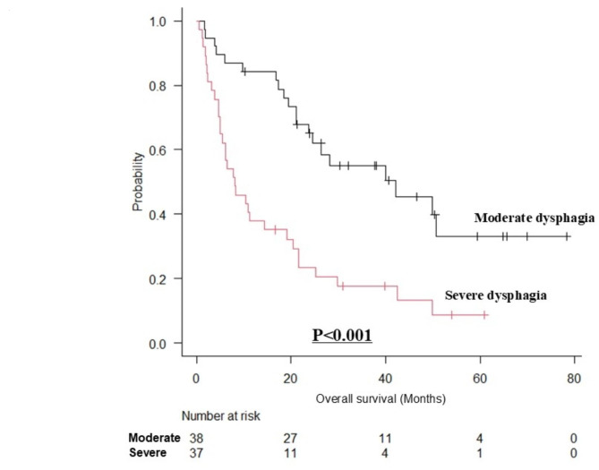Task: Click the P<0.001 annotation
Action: click(x=342, y=336)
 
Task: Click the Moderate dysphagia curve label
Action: click(x=535, y=218)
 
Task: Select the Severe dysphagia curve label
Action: click(x=495, y=295)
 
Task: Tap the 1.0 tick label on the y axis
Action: click(x=157, y=21)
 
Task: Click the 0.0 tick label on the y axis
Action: click(x=157, y=344)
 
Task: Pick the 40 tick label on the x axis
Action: click(x=385, y=379)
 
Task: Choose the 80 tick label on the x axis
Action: click(x=574, y=379)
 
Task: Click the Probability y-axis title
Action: click(x=138, y=182)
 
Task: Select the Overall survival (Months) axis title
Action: click(x=381, y=399)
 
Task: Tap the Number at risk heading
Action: click(x=221, y=415)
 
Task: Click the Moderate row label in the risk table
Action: click(x=154, y=438)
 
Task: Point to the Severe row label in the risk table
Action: click(x=148, y=453)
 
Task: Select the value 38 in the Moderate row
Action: click(x=196, y=438)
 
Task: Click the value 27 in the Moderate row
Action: click(x=290, y=438)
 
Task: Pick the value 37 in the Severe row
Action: click(x=196, y=453)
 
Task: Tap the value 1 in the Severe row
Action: click(x=479, y=453)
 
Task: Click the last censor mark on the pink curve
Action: click(x=484, y=315)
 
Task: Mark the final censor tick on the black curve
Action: click(x=567, y=236)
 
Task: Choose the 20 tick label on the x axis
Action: click(x=290, y=379)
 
